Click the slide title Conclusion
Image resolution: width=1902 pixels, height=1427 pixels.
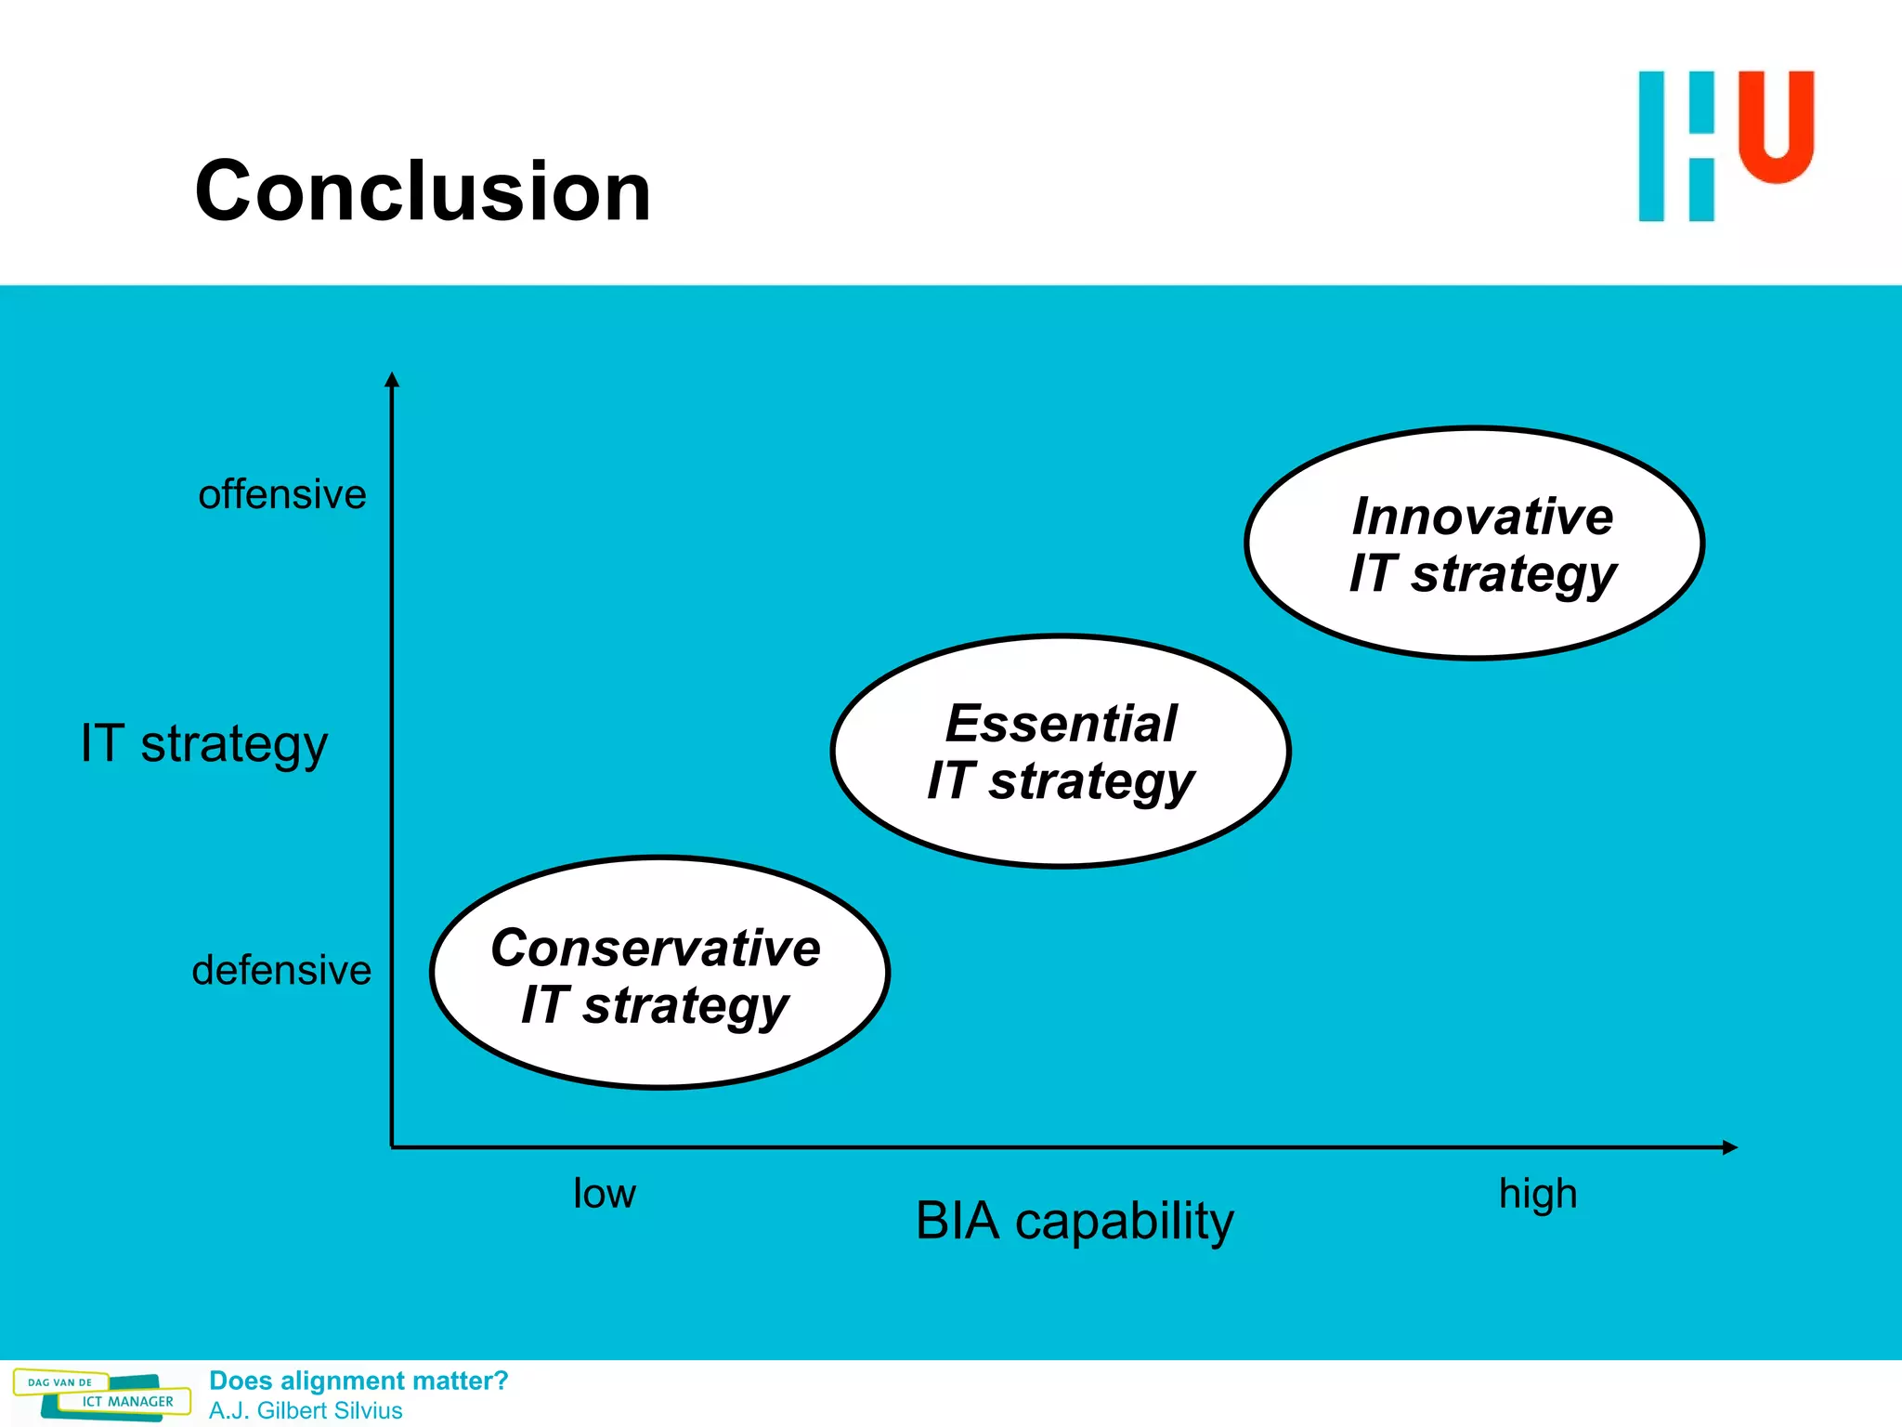tap(423, 191)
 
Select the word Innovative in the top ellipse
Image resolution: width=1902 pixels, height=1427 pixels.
tap(1482, 517)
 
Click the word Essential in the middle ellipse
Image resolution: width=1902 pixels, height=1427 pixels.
tap(1062, 724)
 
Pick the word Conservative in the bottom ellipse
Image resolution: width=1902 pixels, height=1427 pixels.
tap(656, 949)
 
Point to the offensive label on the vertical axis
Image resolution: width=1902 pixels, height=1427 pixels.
tap(282, 494)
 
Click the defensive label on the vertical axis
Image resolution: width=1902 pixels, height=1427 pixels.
tap(281, 970)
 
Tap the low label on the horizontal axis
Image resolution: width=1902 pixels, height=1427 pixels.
tap(605, 1194)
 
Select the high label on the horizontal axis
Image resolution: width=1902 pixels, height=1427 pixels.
tap(1538, 1194)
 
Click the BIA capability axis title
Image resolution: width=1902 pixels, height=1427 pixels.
tap(1075, 1221)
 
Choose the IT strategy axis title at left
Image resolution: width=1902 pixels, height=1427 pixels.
tap(204, 744)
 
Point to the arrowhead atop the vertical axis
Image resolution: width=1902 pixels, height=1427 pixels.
tap(392, 379)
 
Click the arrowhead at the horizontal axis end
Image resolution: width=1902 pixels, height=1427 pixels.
tap(1729, 1147)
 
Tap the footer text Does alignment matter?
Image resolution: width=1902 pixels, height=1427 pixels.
tap(358, 1381)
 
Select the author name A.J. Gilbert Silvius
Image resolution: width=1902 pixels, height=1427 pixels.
tap(306, 1410)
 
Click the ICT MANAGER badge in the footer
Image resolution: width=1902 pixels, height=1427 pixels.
tap(127, 1402)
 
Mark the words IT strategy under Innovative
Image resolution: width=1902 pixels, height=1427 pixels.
tap(1482, 574)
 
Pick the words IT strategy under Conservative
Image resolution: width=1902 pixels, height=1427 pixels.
tap(656, 1006)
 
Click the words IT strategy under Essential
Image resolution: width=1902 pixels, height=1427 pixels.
tap(1062, 781)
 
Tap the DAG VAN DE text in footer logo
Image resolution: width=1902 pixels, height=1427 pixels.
tap(60, 1382)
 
